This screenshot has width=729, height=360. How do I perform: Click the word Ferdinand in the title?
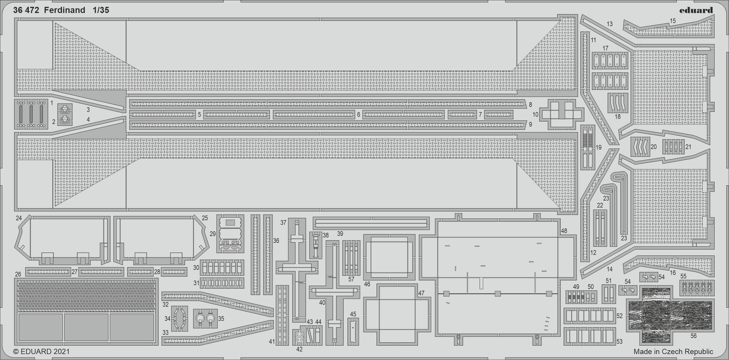pyautogui.click(x=65, y=11)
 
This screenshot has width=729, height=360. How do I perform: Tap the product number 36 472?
pyautogui.click(x=26, y=11)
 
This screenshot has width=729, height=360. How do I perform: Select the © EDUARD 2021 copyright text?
pyautogui.click(x=41, y=351)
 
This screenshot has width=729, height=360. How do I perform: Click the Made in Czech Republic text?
pyautogui.click(x=673, y=351)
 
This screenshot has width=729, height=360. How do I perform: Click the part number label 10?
pyautogui.click(x=535, y=115)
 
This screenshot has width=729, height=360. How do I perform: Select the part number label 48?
pyautogui.click(x=564, y=231)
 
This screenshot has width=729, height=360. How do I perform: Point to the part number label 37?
pyautogui.click(x=283, y=223)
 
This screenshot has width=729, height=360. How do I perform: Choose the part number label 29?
pyautogui.click(x=213, y=234)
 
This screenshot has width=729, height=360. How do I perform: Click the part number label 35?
pyautogui.click(x=221, y=319)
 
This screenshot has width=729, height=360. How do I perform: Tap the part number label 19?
pyautogui.click(x=599, y=147)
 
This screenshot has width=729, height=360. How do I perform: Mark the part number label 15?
pyautogui.click(x=673, y=21)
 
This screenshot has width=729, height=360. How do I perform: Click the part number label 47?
pyautogui.click(x=421, y=293)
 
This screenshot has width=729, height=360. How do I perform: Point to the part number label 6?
pyautogui.click(x=358, y=115)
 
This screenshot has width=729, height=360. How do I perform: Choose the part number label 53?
pyautogui.click(x=619, y=342)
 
